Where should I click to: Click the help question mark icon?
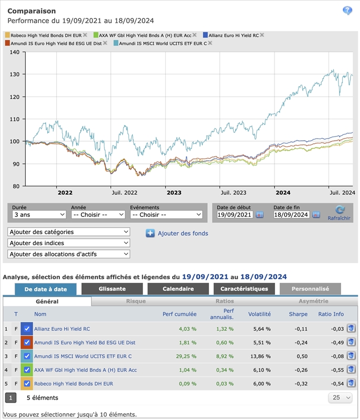point(347,10)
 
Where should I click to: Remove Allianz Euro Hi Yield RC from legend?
point(262,35)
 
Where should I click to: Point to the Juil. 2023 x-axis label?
point(233,193)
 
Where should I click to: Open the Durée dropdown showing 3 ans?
point(39,215)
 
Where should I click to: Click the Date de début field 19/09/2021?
point(235,215)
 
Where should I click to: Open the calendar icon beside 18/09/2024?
point(316,215)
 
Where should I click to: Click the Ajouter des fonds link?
point(183,233)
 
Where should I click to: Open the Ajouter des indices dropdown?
point(69,243)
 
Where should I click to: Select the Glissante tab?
point(112,289)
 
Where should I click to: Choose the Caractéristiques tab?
point(244,289)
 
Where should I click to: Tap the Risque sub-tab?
point(136,301)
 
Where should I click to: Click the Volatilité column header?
point(259,314)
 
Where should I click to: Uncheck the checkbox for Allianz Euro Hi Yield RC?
point(27,329)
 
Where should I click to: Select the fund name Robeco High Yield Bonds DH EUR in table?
point(73,383)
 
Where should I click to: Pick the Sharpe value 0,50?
point(301,356)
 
